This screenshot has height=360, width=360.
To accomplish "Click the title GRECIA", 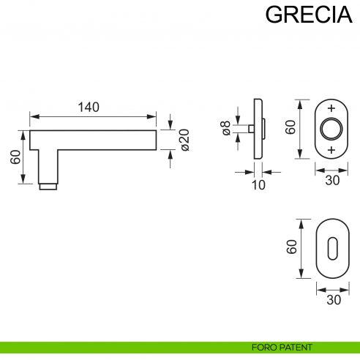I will pyautogui.click(x=303, y=15).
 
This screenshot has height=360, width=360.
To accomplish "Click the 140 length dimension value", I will pyautogui.click(x=88, y=107).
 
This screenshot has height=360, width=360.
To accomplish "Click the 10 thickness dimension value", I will pyautogui.click(x=258, y=185).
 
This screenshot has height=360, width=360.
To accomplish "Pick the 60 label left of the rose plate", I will pyautogui.click(x=290, y=127).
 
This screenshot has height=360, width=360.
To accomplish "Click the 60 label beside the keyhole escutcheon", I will pyautogui.click(x=291, y=248).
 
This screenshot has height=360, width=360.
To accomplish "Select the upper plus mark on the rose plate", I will pyautogui.click(x=332, y=108).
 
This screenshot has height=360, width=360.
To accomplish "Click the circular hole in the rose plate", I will pyautogui.click(x=332, y=128).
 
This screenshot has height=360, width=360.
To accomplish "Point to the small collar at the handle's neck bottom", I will pyautogui.click(x=48, y=186).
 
